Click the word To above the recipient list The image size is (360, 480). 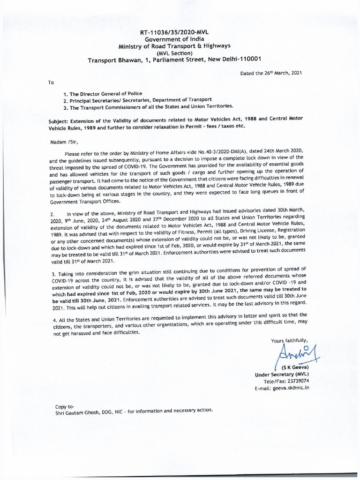[x=51, y=82]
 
